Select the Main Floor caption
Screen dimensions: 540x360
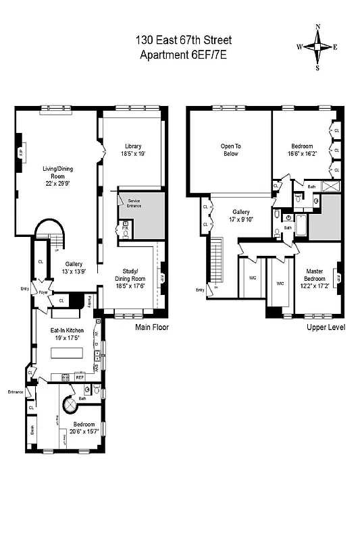(x=151, y=327)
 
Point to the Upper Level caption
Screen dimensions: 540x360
(x=326, y=327)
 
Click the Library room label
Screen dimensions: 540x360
(x=132, y=146)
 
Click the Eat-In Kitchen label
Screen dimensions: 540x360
(x=65, y=330)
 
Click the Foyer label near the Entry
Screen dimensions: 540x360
(x=41, y=293)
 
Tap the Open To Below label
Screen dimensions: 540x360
(x=231, y=149)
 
